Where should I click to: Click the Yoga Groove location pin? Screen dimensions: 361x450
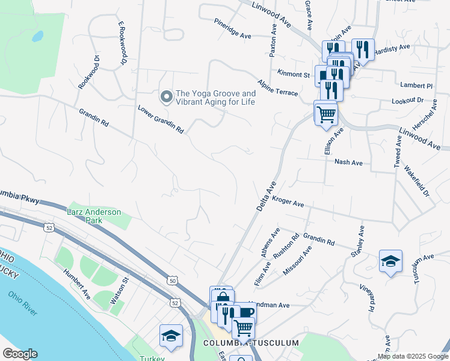165,96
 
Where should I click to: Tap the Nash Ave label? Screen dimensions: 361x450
348,162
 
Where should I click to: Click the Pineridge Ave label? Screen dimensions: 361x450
232,28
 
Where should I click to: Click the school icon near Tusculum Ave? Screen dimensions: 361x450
390,261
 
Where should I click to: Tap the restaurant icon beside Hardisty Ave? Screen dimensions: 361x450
363,49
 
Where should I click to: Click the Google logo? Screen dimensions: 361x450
20,354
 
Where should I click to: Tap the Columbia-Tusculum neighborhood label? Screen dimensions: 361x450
251,342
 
